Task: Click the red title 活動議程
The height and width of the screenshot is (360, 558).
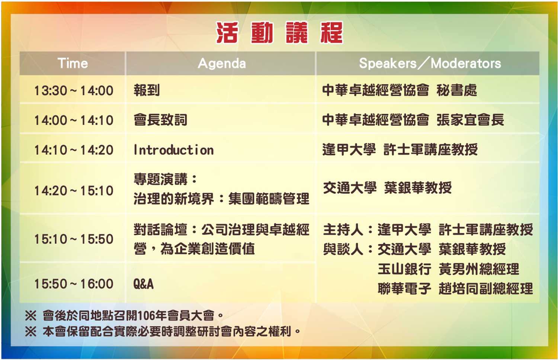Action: [279, 33]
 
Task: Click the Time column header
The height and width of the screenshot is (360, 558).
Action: [73, 63]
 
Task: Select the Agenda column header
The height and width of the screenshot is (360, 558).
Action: [222, 64]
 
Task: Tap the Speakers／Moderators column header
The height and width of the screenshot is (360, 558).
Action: [430, 63]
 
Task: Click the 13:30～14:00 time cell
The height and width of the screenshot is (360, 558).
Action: [74, 90]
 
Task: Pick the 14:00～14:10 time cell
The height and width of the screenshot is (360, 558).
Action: [74, 120]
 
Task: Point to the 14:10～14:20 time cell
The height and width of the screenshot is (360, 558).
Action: [74, 150]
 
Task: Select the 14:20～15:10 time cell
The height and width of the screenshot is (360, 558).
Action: [74, 191]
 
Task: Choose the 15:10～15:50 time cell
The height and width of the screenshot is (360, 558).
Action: [74, 239]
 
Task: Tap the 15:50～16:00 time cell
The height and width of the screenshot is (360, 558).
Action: [74, 284]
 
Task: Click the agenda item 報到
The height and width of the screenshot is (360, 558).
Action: [147, 90]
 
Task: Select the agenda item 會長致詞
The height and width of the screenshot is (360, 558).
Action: [160, 120]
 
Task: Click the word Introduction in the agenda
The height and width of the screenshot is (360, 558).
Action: [174, 150]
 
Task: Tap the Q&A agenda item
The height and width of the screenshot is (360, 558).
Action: [143, 284]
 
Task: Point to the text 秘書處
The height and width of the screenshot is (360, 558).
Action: [456, 90]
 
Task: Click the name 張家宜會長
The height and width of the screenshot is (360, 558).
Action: [470, 120]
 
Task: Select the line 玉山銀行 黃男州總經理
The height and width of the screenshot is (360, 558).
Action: [448, 269]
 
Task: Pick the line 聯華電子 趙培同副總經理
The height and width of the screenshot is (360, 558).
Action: [455, 289]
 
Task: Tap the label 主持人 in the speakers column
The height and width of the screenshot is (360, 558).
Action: [343, 229]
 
